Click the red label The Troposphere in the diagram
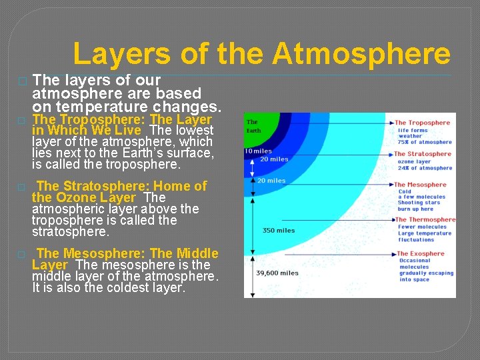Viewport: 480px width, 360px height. tap(422, 123)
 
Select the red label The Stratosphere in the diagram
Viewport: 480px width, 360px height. tap(422, 154)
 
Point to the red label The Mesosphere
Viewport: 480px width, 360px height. tap(420, 185)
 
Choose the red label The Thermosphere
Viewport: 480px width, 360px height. tap(425, 219)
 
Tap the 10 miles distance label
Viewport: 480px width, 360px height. tap(258, 151)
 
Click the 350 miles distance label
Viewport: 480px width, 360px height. tap(279, 230)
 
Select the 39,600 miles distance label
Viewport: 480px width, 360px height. tap(277, 273)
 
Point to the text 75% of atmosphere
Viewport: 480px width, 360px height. tap(425, 142)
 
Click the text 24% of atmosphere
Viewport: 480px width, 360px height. tap(425, 168)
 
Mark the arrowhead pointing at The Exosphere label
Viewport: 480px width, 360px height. tap(392, 254)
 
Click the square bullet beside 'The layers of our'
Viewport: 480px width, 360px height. tap(22, 81)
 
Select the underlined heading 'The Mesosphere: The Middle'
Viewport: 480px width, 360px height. tap(127, 253)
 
